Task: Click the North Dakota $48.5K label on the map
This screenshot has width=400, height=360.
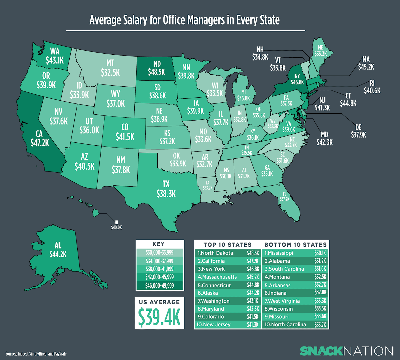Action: tap(157, 68)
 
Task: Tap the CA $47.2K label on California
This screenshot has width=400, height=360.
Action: tap(39, 139)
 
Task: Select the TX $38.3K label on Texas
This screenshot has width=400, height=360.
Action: tap(166, 189)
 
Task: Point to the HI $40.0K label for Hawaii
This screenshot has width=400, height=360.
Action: tap(116, 225)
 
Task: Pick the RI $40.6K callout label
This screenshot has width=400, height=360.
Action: tap(372, 87)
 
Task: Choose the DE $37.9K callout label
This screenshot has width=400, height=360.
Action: tap(358, 131)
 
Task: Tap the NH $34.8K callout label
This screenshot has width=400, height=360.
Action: tap(260, 53)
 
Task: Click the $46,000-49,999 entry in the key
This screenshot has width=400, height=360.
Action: tap(159, 286)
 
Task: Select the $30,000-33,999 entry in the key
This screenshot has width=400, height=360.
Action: tap(159, 253)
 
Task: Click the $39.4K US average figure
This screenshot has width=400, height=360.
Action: tap(159, 317)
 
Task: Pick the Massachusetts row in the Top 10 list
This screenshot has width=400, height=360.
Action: tap(217, 277)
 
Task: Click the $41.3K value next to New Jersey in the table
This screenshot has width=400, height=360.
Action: tap(253, 325)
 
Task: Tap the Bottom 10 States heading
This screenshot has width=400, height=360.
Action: tap(295, 245)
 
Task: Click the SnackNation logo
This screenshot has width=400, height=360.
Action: tap(346, 351)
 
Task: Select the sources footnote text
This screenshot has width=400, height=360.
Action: tap(36, 354)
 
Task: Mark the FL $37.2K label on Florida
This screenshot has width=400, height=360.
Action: tap(284, 197)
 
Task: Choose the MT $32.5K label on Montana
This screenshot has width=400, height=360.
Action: tap(110, 68)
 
